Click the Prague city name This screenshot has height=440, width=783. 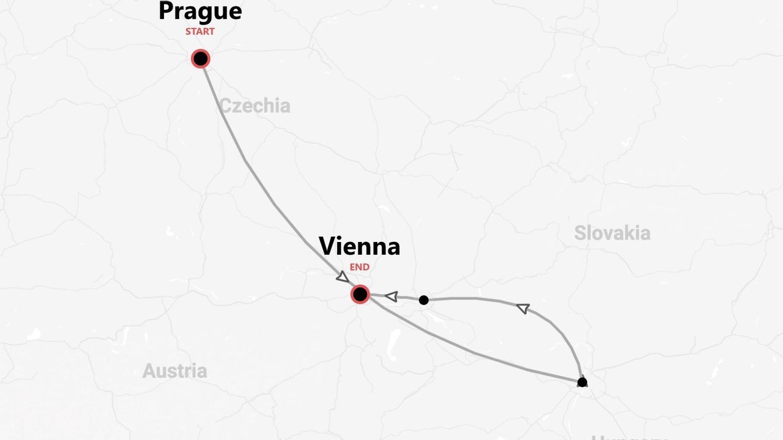coord(200,12)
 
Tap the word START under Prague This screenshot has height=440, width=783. coord(200,32)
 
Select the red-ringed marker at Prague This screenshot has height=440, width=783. coord(201,59)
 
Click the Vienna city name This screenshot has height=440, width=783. coord(360,246)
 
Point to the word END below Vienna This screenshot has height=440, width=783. coord(360,267)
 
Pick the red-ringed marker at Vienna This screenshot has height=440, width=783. coord(360,294)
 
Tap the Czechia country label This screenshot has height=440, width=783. coord(254,106)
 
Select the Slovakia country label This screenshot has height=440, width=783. coord(612,233)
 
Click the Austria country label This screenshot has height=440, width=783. coord(174,371)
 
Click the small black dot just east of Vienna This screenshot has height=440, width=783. coord(423,300)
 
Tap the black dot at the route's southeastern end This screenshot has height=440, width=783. coord(582,383)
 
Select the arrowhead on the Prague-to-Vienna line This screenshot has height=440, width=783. coord(343,277)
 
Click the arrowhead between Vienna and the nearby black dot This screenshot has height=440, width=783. coord(391,296)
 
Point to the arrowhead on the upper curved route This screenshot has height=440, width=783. coord(523,308)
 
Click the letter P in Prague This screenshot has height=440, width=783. coord(166,12)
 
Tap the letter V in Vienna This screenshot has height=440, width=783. coord(328,246)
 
